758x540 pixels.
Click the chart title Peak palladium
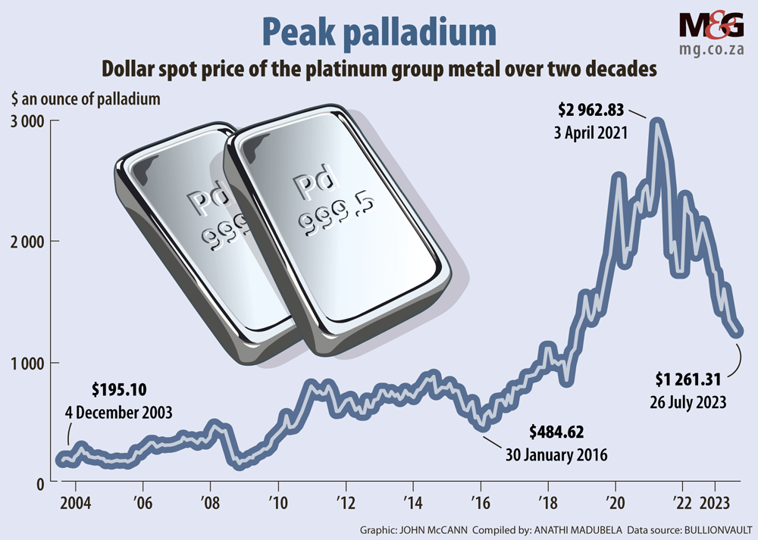(378, 32)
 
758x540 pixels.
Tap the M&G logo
(711, 27)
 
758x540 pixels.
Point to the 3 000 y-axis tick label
(27, 122)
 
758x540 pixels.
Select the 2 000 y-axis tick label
(27, 242)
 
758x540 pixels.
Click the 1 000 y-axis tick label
(27, 363)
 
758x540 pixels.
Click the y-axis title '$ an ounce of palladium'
(85, 98)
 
